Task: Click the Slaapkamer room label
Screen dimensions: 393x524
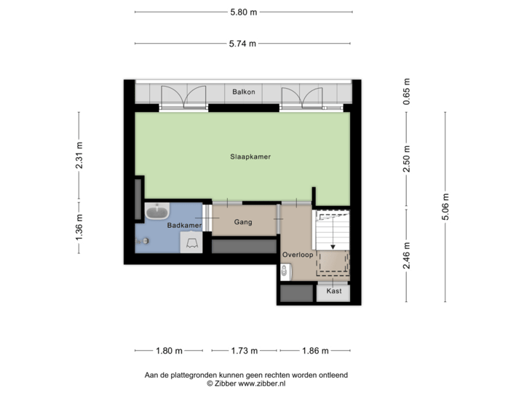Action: (245, 156)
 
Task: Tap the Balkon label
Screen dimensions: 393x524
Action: (243, 92)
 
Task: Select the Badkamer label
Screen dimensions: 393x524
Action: (183, 226)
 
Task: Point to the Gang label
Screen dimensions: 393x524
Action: (243, 222)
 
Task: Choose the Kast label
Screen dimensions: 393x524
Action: (334, 291)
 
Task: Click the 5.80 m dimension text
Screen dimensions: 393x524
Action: (244, 12)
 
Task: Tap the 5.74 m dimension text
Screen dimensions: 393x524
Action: (244, 44)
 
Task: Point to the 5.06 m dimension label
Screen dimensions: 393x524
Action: (446, 206)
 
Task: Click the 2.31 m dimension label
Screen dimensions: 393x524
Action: (79, 154)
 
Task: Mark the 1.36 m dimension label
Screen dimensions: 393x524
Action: (79, 226)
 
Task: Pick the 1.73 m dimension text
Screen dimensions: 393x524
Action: (244, 351)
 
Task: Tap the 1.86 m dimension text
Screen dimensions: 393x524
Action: (316, 351)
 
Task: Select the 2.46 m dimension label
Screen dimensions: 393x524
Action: (407, 256)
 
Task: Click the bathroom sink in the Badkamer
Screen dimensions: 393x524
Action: (156, 213)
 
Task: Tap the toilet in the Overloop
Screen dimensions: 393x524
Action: (285, 272)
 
